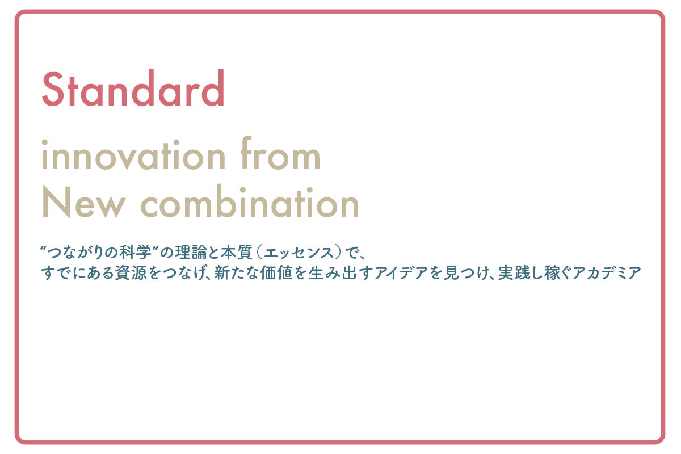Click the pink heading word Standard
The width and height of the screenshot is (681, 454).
[133, 88]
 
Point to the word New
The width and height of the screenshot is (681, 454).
[83, 202]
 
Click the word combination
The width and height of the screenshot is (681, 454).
[250, 201]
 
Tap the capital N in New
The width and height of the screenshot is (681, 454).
[56, 202]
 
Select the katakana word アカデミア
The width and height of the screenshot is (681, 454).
[607, 273]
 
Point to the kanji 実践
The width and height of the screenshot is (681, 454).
[514, 273]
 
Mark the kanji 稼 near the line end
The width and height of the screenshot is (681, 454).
[552, 273]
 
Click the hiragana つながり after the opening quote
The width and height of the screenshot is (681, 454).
[74, 253]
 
